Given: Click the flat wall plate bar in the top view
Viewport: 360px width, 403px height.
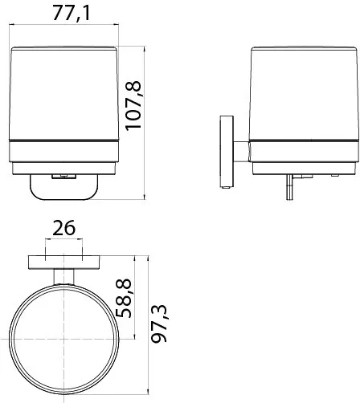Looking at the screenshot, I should click(x=64, y=262).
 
